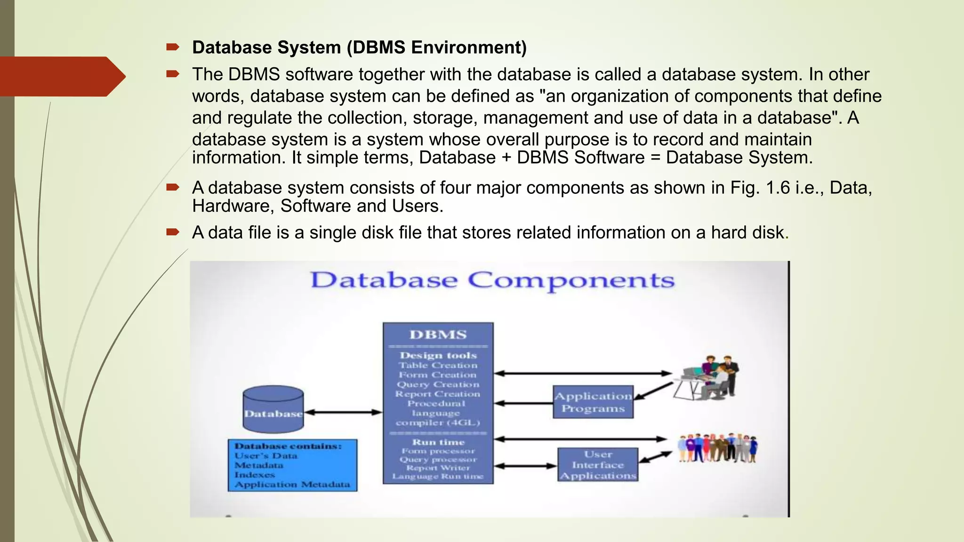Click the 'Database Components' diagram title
click(492, 280)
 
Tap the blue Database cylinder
click(273, 410)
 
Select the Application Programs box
click(593, 402)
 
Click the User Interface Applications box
click(598, 465)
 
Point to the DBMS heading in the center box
click(438, 335)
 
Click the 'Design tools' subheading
click(438, 356)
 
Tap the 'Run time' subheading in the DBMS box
click(438, 442)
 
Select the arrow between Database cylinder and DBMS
click(343, 413)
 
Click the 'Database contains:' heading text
click(288, 446)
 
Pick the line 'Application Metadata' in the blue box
click(292, 485)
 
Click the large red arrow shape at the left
click(61, 76)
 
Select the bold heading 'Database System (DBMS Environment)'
click(359, 48)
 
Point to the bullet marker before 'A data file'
click(173, 232)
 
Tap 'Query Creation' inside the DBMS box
click(438, 384)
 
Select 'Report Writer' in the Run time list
click(438, 468)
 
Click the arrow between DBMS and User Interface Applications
click(525, 466)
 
